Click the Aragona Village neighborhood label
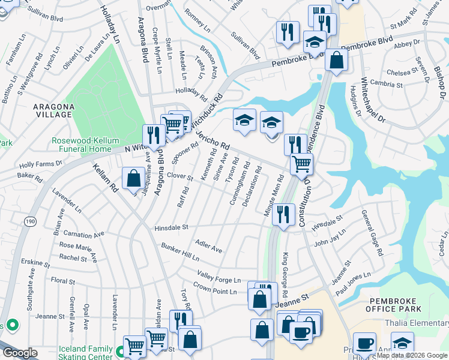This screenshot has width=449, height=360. (x=53, y=111)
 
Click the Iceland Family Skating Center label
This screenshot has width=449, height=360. (x=86, y=353)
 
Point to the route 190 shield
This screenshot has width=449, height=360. (x=29, y=222)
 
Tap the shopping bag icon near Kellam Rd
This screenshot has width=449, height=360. (x=132, y=178)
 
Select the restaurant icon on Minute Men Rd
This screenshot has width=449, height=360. (x=283, y=214)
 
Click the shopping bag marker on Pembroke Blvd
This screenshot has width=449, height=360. (x=336, y=60)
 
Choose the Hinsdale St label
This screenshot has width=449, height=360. (x=171, y=227)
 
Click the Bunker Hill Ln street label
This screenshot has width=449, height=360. (x=179, y=252)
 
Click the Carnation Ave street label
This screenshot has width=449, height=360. (x=83, y=234)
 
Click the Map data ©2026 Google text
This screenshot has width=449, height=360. (x=411, y=355)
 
